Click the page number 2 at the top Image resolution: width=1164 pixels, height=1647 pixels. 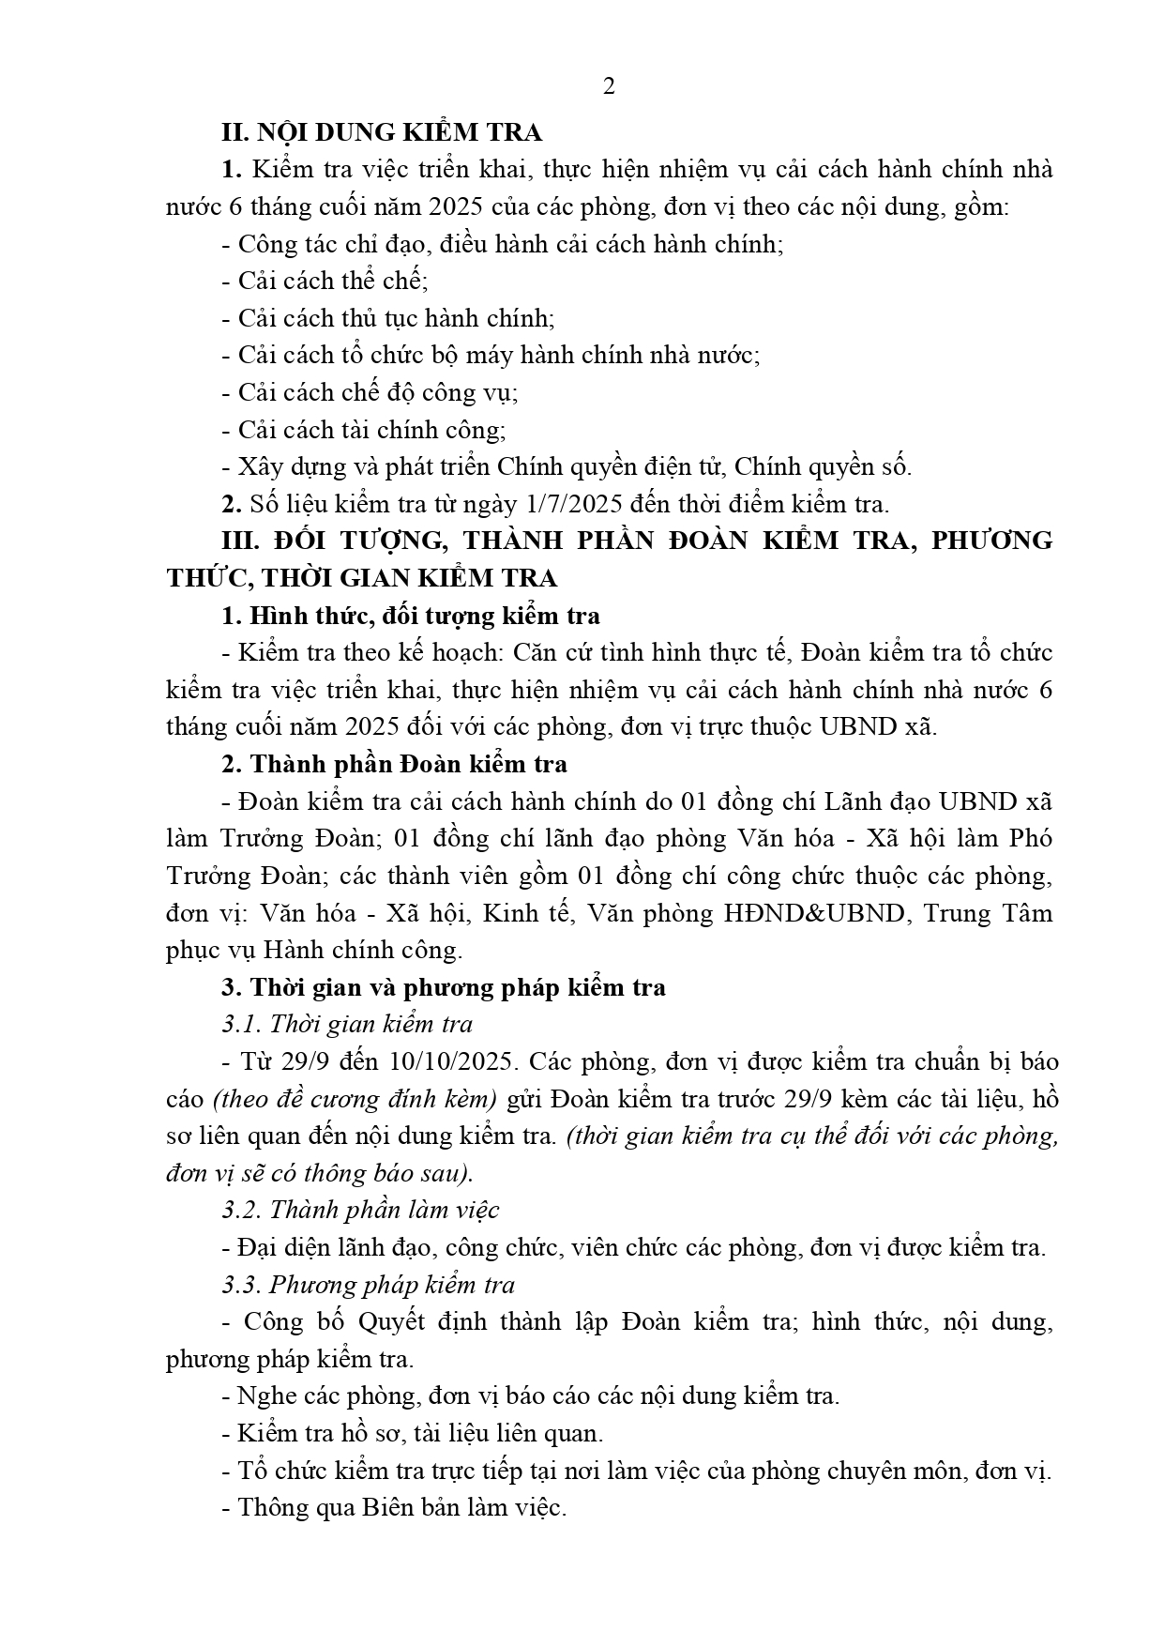[x=609, y=87]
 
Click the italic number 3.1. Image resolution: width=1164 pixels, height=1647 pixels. [x=240, y=1024]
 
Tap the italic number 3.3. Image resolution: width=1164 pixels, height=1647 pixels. [x=242, y=1284]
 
